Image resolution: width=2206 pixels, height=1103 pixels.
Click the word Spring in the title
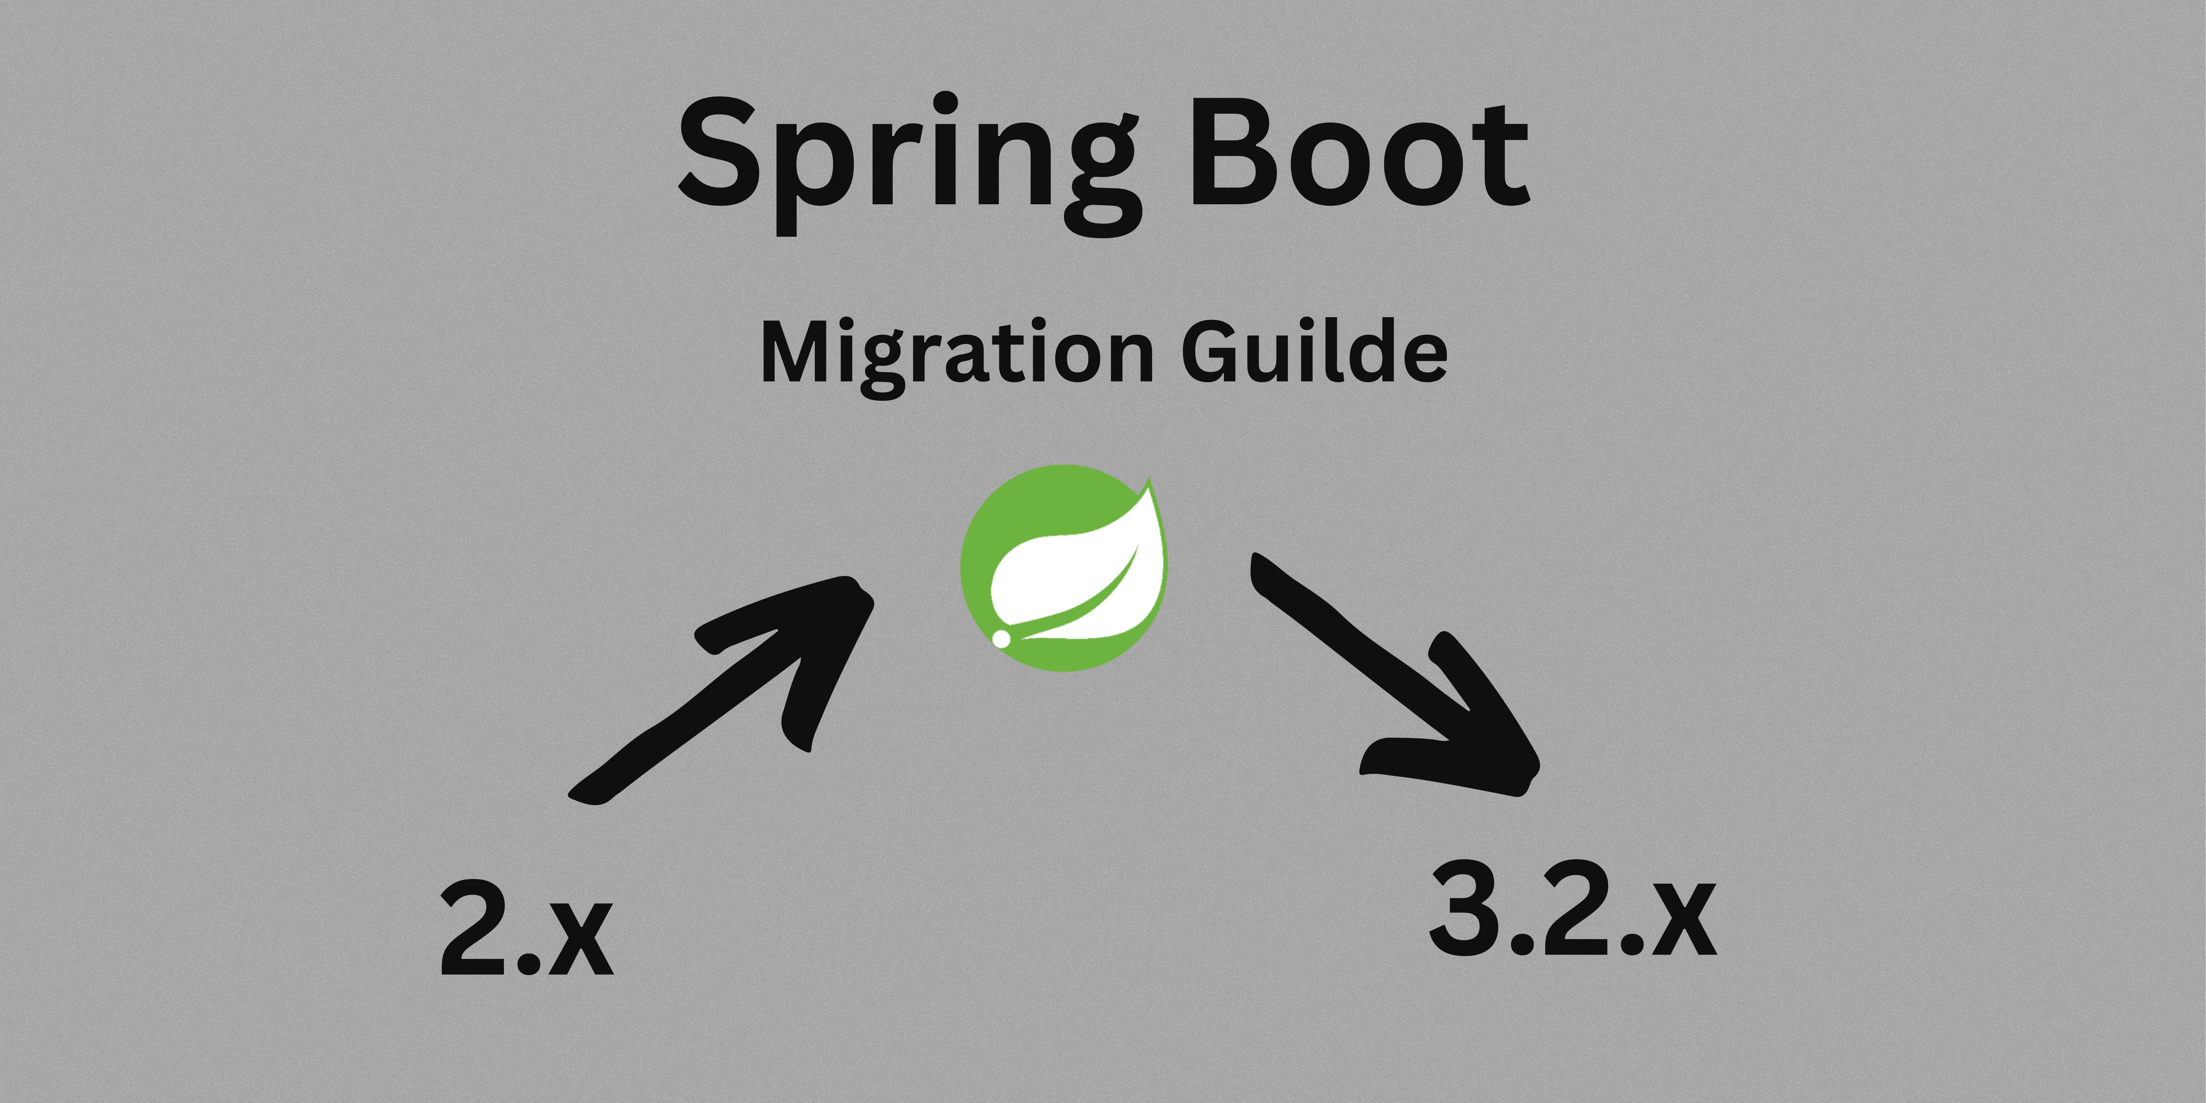point(908,158)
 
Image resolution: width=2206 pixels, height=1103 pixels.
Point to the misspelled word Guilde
point(1315,351)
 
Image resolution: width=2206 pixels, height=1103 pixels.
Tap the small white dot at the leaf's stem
point(1000,638)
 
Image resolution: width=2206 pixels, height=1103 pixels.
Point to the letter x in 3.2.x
point(1683,920)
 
